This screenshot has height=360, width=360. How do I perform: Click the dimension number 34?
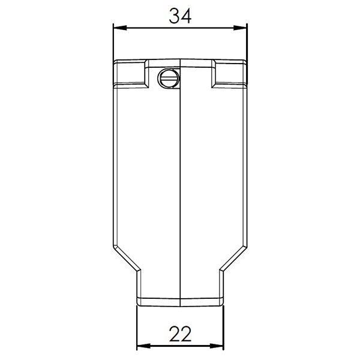(180, 16)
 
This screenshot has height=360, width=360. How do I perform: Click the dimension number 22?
(180, 334)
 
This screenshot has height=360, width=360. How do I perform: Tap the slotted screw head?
(168, 78)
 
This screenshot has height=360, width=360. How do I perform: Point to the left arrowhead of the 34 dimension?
(120, 28)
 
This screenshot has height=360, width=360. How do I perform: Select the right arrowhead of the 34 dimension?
(240, 28)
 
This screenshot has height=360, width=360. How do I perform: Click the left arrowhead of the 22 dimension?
(143, 346)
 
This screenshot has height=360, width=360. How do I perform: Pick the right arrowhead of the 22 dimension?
(217, 346)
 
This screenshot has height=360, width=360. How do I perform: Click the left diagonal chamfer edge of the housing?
(127, 258)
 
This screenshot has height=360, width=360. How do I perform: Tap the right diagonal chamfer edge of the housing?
(233, 258)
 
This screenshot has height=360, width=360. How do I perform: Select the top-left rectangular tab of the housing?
(130, 73)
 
